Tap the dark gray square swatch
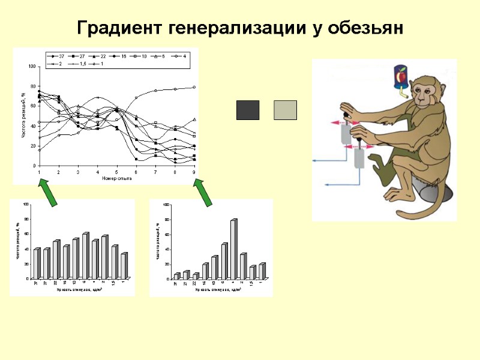[248, 110]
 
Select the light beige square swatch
[285, 110]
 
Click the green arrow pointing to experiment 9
[203, 193]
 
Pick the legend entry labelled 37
[58, 56]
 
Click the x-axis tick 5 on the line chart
[117, 172]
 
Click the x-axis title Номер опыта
[116, 178]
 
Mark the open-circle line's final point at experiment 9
[194, 87]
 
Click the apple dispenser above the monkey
[400, 79]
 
